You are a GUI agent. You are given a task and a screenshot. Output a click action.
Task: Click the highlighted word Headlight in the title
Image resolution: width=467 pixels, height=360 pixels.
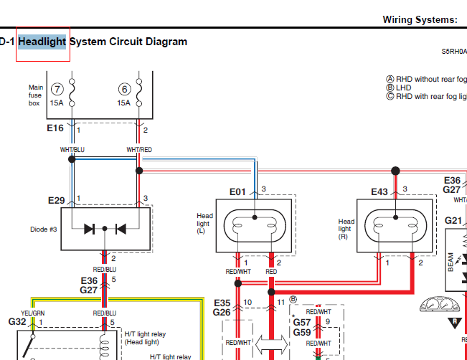pos(42,42)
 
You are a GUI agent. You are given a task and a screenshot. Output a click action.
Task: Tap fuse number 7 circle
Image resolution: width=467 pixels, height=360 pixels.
pos(57,89)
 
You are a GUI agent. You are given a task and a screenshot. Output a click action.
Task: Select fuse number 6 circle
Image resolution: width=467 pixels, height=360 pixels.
pos(125,89)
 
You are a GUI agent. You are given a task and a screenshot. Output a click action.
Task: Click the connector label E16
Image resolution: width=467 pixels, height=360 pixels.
pos(55,129)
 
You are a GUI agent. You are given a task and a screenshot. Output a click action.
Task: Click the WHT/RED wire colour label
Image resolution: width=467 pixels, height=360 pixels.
pos(139,149)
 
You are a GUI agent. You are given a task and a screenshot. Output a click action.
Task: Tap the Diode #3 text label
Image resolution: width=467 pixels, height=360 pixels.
pos(44,230)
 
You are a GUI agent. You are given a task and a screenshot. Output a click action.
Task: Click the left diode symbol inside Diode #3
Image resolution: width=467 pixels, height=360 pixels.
pos(90,229)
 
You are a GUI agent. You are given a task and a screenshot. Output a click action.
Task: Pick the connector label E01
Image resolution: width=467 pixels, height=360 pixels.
pos(237,191)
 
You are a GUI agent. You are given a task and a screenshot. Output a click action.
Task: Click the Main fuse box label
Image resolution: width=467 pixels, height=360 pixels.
pos(36,95)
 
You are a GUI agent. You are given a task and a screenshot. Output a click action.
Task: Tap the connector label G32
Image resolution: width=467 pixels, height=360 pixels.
pos(17,322)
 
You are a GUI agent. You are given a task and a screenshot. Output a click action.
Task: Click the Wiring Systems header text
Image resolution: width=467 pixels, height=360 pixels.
pos(420,19)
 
